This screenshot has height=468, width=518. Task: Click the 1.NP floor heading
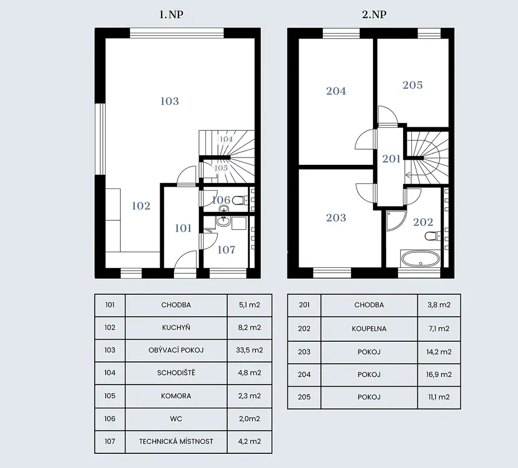point(171,15)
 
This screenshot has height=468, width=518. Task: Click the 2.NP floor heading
point(374,15)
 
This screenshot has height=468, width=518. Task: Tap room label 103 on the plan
point(169,101)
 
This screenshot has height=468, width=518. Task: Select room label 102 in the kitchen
point(141,206)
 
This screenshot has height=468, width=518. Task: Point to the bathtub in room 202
point(420,259)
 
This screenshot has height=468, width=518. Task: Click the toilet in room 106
point(239,200)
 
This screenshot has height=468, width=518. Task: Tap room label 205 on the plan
point(413,85)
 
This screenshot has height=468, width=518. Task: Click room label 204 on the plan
point(336,91)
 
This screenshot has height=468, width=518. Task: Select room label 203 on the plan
point(336,218)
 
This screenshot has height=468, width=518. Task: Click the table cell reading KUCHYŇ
point(176,327)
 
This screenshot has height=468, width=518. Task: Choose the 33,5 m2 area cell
point(249,350)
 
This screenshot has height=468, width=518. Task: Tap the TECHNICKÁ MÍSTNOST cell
point(176,442)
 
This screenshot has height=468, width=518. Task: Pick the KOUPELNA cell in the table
point(369,329)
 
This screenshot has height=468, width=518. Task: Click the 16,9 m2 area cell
point(439,375)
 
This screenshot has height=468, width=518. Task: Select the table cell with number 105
point(110,396)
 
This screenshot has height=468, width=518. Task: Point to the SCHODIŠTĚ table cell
point(176,373)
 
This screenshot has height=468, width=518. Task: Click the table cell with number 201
point(304,305)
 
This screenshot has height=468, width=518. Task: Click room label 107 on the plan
point(226,250)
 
